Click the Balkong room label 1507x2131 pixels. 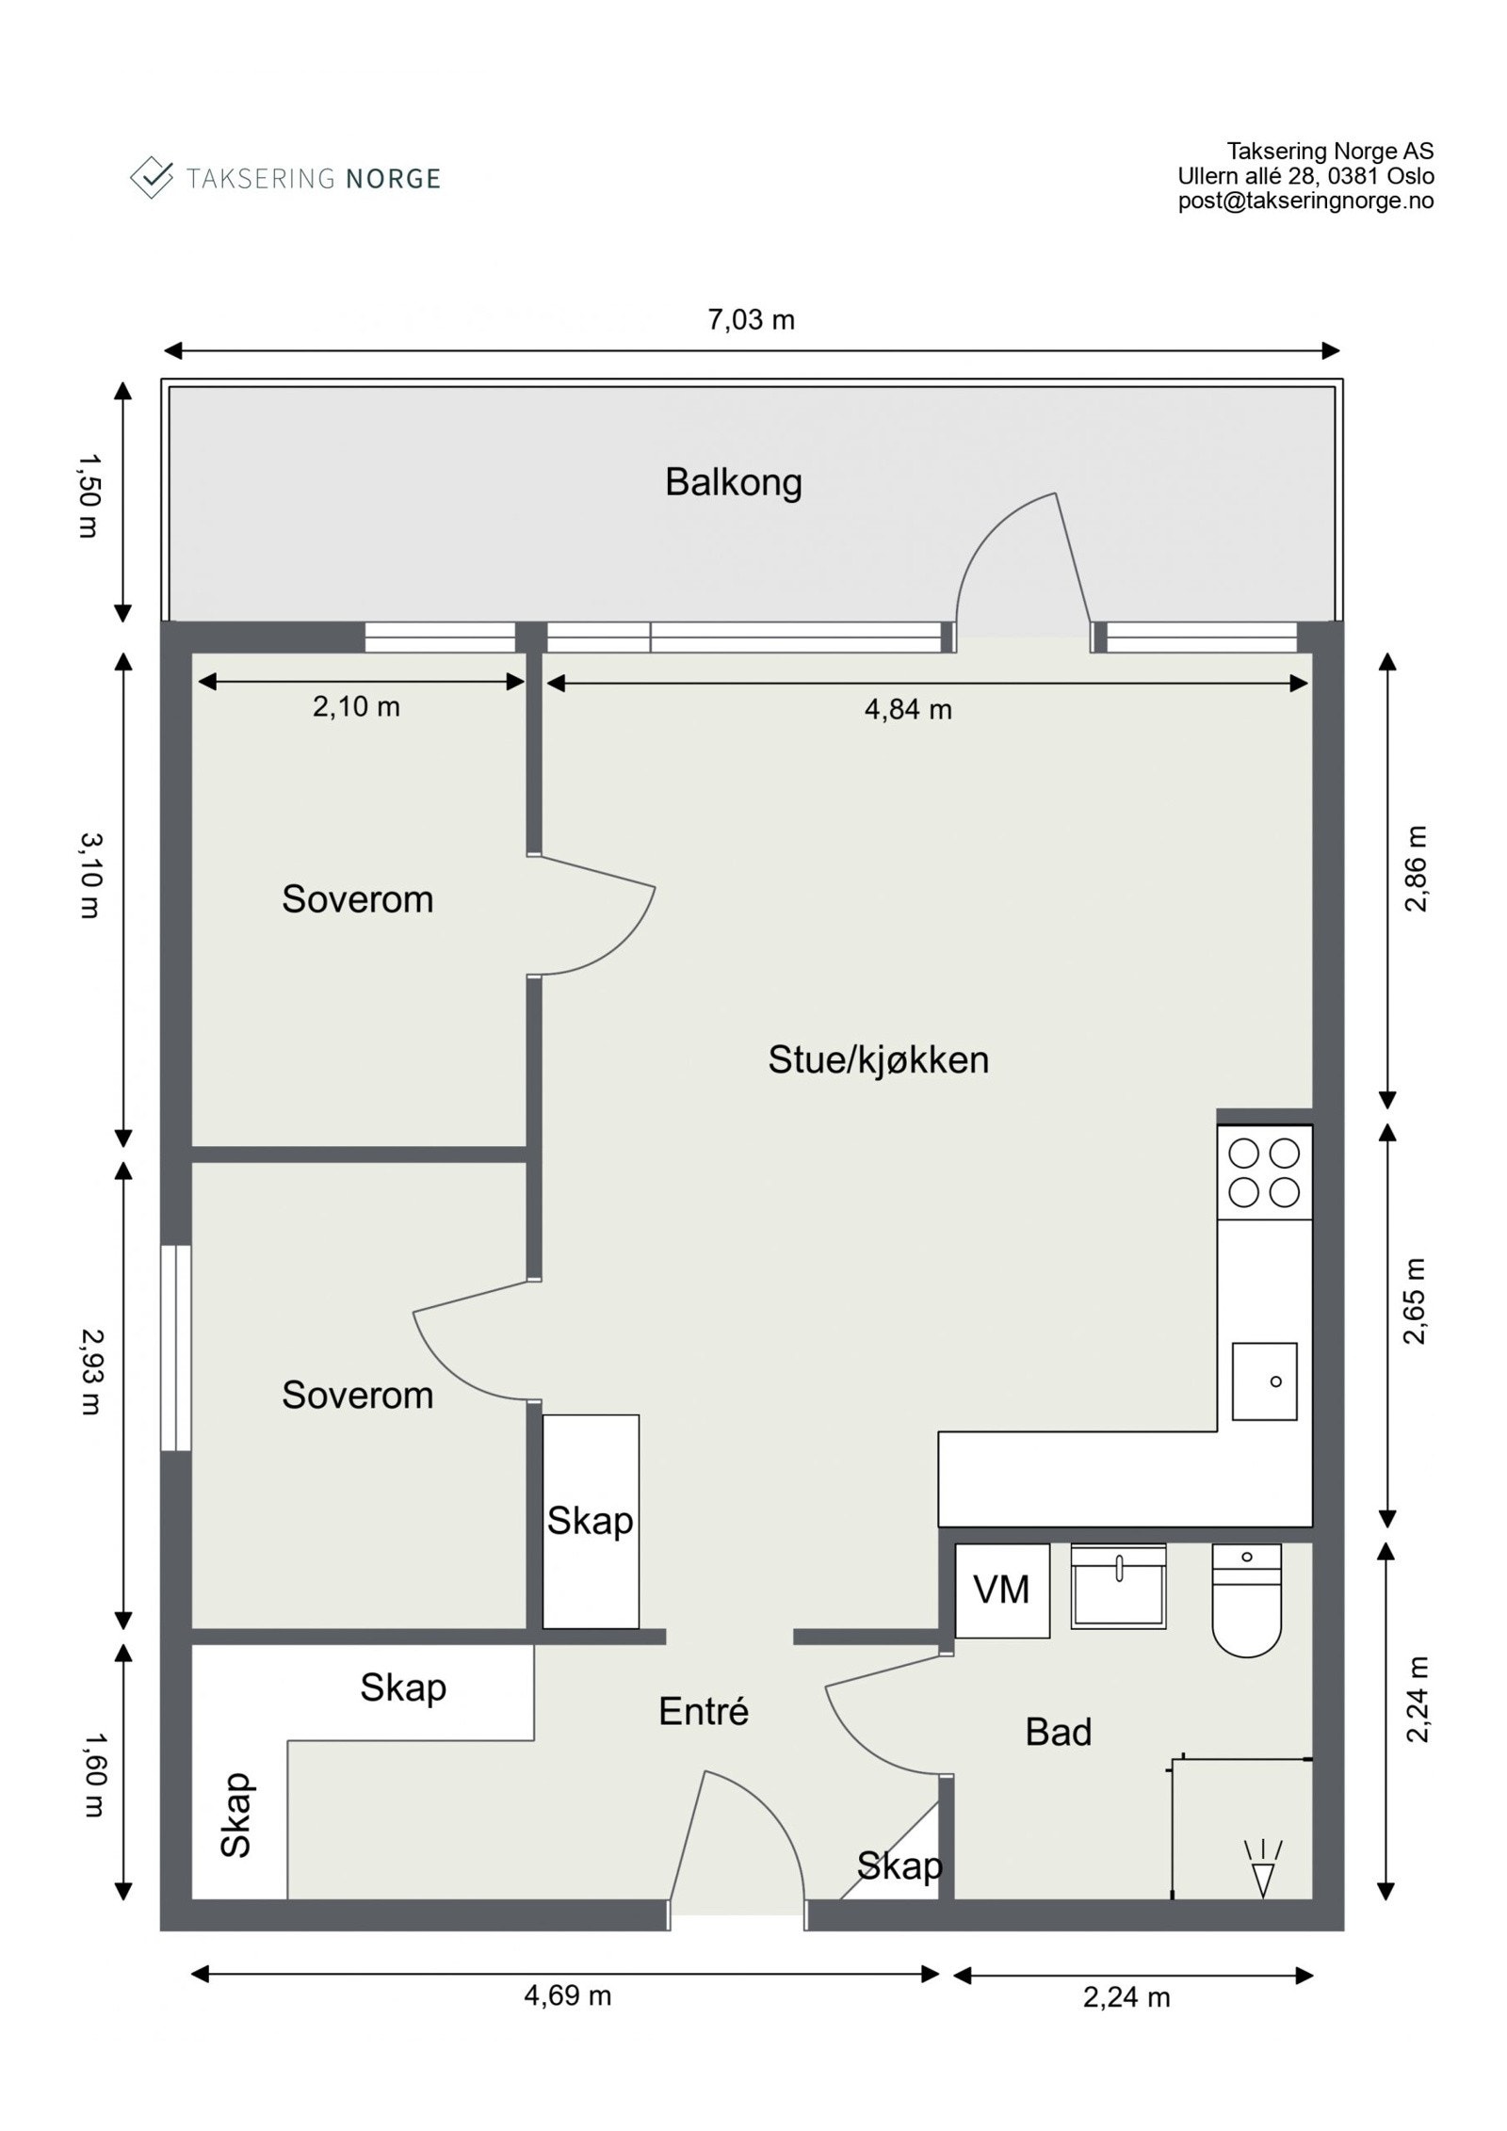(733, 482)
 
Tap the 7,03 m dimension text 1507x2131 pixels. (751, 320)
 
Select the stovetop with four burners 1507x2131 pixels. (1264, 1172)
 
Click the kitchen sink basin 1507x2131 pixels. (1264, 1381)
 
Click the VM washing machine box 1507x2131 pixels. (1001, 1590)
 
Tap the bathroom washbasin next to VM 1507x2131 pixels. (1118, 1586)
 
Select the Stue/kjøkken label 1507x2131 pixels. (878, 1060)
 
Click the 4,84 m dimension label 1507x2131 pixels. (908, 709)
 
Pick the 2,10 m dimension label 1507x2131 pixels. (356, 706)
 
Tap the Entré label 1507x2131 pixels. (703, 1711)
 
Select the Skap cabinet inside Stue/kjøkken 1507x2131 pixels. (591, 1521)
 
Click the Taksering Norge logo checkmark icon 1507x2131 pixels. (152, 177)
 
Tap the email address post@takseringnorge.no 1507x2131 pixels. (1305, 201)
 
